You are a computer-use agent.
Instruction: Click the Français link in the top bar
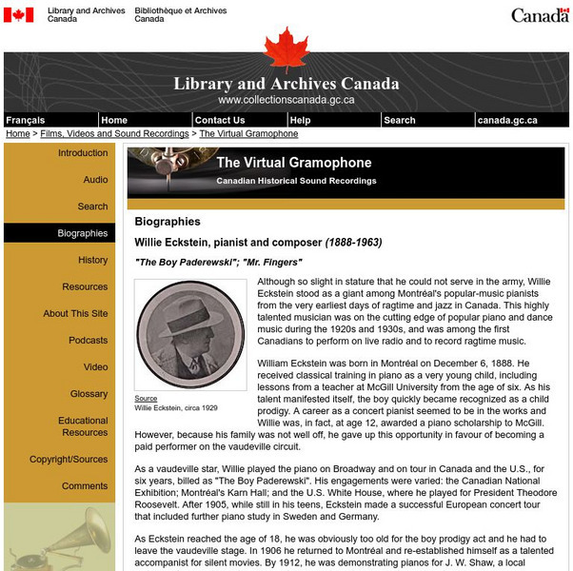(25, 120)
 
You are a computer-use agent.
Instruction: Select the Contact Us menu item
(219, 120)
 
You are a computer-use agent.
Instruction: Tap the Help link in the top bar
(300, 120)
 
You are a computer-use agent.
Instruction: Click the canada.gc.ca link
(506, 120)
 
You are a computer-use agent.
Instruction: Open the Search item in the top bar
(400, 120)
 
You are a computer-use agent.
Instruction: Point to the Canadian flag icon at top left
(18, 14)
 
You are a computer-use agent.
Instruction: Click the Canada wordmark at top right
(540, 15)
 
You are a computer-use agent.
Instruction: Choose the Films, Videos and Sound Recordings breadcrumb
(114, 134)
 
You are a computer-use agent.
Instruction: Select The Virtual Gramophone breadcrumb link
(248, 134)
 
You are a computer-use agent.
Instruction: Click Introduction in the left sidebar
(83, 153)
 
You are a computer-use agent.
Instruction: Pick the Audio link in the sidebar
(95, 180)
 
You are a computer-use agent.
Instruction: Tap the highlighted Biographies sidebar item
(83, 233)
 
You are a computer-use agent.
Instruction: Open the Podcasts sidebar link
(89, 340)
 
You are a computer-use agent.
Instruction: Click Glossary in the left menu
(89, 393)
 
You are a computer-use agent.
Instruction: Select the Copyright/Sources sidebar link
(69, 460)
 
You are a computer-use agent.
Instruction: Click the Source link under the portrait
(146, 399)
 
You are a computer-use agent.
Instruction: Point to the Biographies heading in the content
(168, 222)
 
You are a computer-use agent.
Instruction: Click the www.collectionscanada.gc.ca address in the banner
(286, 100)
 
